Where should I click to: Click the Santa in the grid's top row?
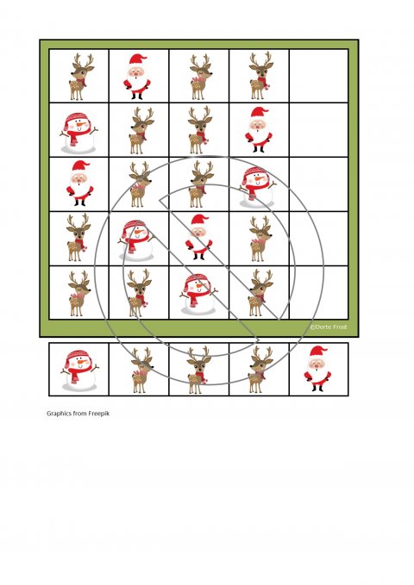(x=137, y=77)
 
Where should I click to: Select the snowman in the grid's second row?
(x=78, y=134)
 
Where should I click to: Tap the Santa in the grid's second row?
(x=259, y=129)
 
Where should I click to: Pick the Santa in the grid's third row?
(x=80, y=184)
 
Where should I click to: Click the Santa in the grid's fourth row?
(x=198, y=237)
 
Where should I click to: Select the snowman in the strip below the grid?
(x=79, y=370)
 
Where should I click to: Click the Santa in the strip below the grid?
(x=317, y=369)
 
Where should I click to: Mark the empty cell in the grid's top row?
(x=319, y=76)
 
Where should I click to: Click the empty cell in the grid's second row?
(x=319, y=130)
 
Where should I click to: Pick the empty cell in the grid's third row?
(x=319, y=184)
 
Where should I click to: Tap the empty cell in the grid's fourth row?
(x=319, y=239)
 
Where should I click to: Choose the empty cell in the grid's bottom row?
(x=319, y=293)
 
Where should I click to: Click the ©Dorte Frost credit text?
(x=329, y=327)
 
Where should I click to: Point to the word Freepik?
(x=99, y=414)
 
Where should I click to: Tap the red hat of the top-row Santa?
(x=138, y=59)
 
